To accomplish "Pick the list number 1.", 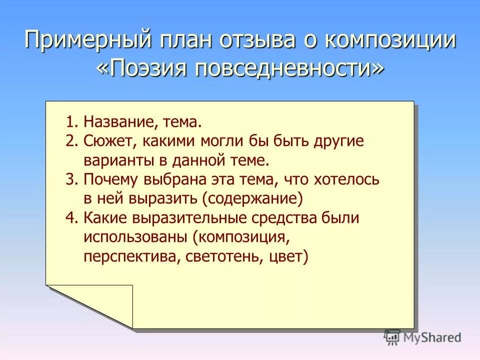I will [71, 122].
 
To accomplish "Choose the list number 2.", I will [71, 141].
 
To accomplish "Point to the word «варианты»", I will [118, 160].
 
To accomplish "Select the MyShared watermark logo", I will [422, 337].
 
